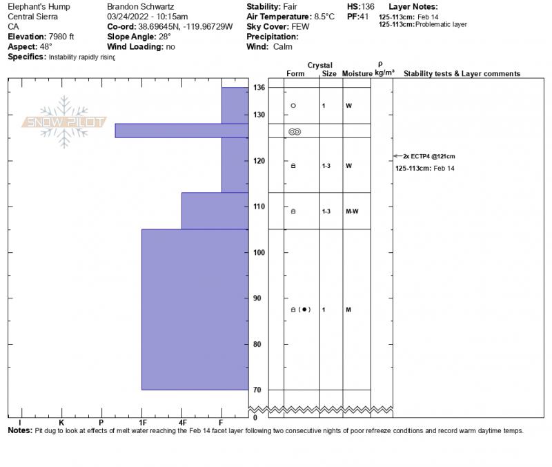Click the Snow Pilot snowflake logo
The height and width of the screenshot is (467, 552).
(64, 122)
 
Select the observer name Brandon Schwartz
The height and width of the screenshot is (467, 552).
(141, 6)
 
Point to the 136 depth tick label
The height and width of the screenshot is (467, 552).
(259, 88)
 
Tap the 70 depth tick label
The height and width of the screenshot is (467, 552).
(257, 390)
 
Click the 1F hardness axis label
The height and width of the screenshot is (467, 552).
(142, 422)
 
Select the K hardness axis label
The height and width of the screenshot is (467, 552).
(61, 422)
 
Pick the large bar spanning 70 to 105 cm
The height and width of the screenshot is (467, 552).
(194, 309)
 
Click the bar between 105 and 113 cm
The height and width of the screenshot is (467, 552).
(214, 211)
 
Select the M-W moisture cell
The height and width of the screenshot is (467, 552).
(352, 211)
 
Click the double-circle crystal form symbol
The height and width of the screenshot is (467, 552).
(295, 131)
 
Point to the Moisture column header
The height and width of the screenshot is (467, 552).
(357, 74)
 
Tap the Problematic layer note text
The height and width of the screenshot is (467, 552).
(442, 25)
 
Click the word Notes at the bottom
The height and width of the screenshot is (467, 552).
(19, 430)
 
